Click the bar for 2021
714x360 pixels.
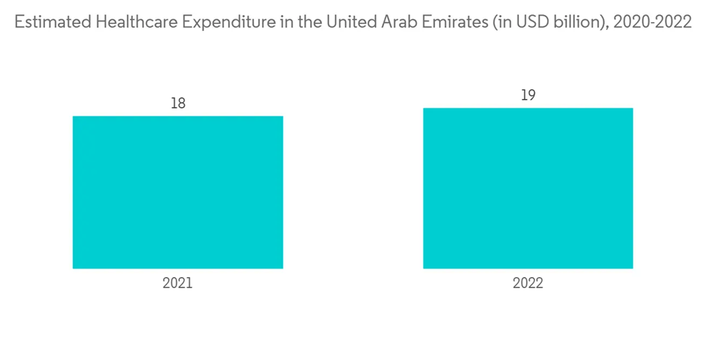[x=178, y=192]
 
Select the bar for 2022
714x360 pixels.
[x=528, y=189]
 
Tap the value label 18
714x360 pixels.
[x=178, y=103]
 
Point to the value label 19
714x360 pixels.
[x=528, y=95]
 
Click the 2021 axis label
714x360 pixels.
[x=178, y=283]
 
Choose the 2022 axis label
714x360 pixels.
[x=528, y=283]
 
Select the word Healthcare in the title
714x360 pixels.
[x=135, y=22]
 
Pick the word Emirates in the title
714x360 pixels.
[x=446, y=22]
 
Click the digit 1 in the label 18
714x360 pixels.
[x=174, y=103]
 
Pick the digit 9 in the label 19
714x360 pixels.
[x=532, y=95]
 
